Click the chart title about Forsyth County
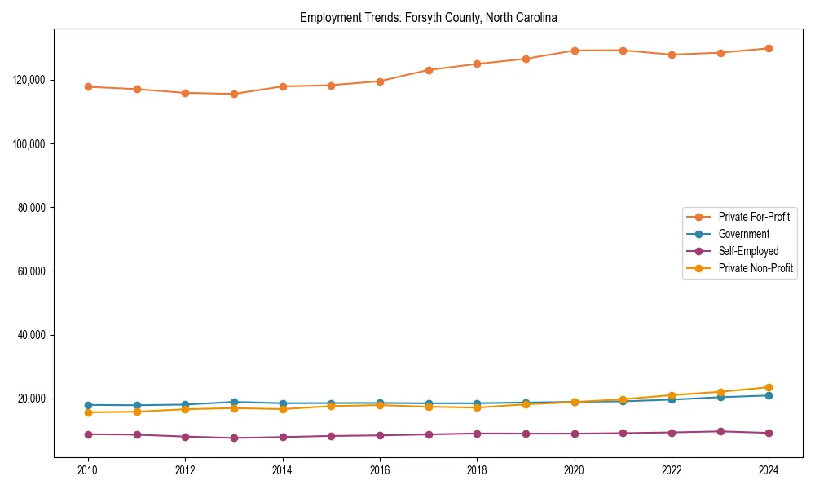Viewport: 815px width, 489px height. [x=428, y=17]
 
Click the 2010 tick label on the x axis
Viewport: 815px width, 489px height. [x=88, y=470]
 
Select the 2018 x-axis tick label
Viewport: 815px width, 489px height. [x=477, y=470]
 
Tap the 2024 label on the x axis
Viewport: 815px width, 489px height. [x=769, y=470]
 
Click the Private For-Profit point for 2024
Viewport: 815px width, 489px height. [x=769, y=49]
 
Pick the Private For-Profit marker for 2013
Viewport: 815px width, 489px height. [x=234, y=94]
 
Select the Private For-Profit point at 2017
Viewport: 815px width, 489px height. [x=429, y=70]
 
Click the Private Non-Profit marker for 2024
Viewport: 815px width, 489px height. [x=769, y=388]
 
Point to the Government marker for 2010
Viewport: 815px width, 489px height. [x=88, y=405]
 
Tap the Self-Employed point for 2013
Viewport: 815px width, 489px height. [x=234, y=438]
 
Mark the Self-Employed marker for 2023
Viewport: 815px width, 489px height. [x=720, y=431]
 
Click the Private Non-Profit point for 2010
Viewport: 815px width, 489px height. [x=88, y=412]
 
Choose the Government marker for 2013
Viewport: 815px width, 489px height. [x=234, y=402]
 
